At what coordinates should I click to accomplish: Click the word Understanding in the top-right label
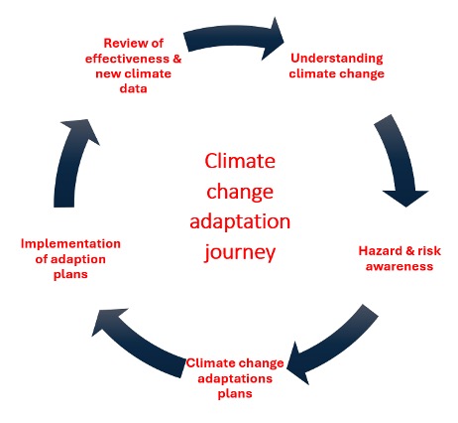tap(337, 59)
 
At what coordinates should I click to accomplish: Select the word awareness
tap(400, 266)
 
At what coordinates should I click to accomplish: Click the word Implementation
tap(70, 244)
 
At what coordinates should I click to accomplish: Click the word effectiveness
tap(127, 59)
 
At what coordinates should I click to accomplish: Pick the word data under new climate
tap(133, 88)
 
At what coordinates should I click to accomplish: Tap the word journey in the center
tap(240, 253)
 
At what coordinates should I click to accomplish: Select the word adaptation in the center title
tap(240, 222)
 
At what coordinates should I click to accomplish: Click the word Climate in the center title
tap(240, 161)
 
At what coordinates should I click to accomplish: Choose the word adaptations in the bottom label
tap(235, 378)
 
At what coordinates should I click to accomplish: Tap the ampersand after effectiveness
tap(177, 59)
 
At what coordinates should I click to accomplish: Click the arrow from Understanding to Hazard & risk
tap(401, 162)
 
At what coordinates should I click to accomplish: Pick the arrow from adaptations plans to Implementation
tap(136, 345)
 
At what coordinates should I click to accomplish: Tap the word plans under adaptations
tap(235, 394)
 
